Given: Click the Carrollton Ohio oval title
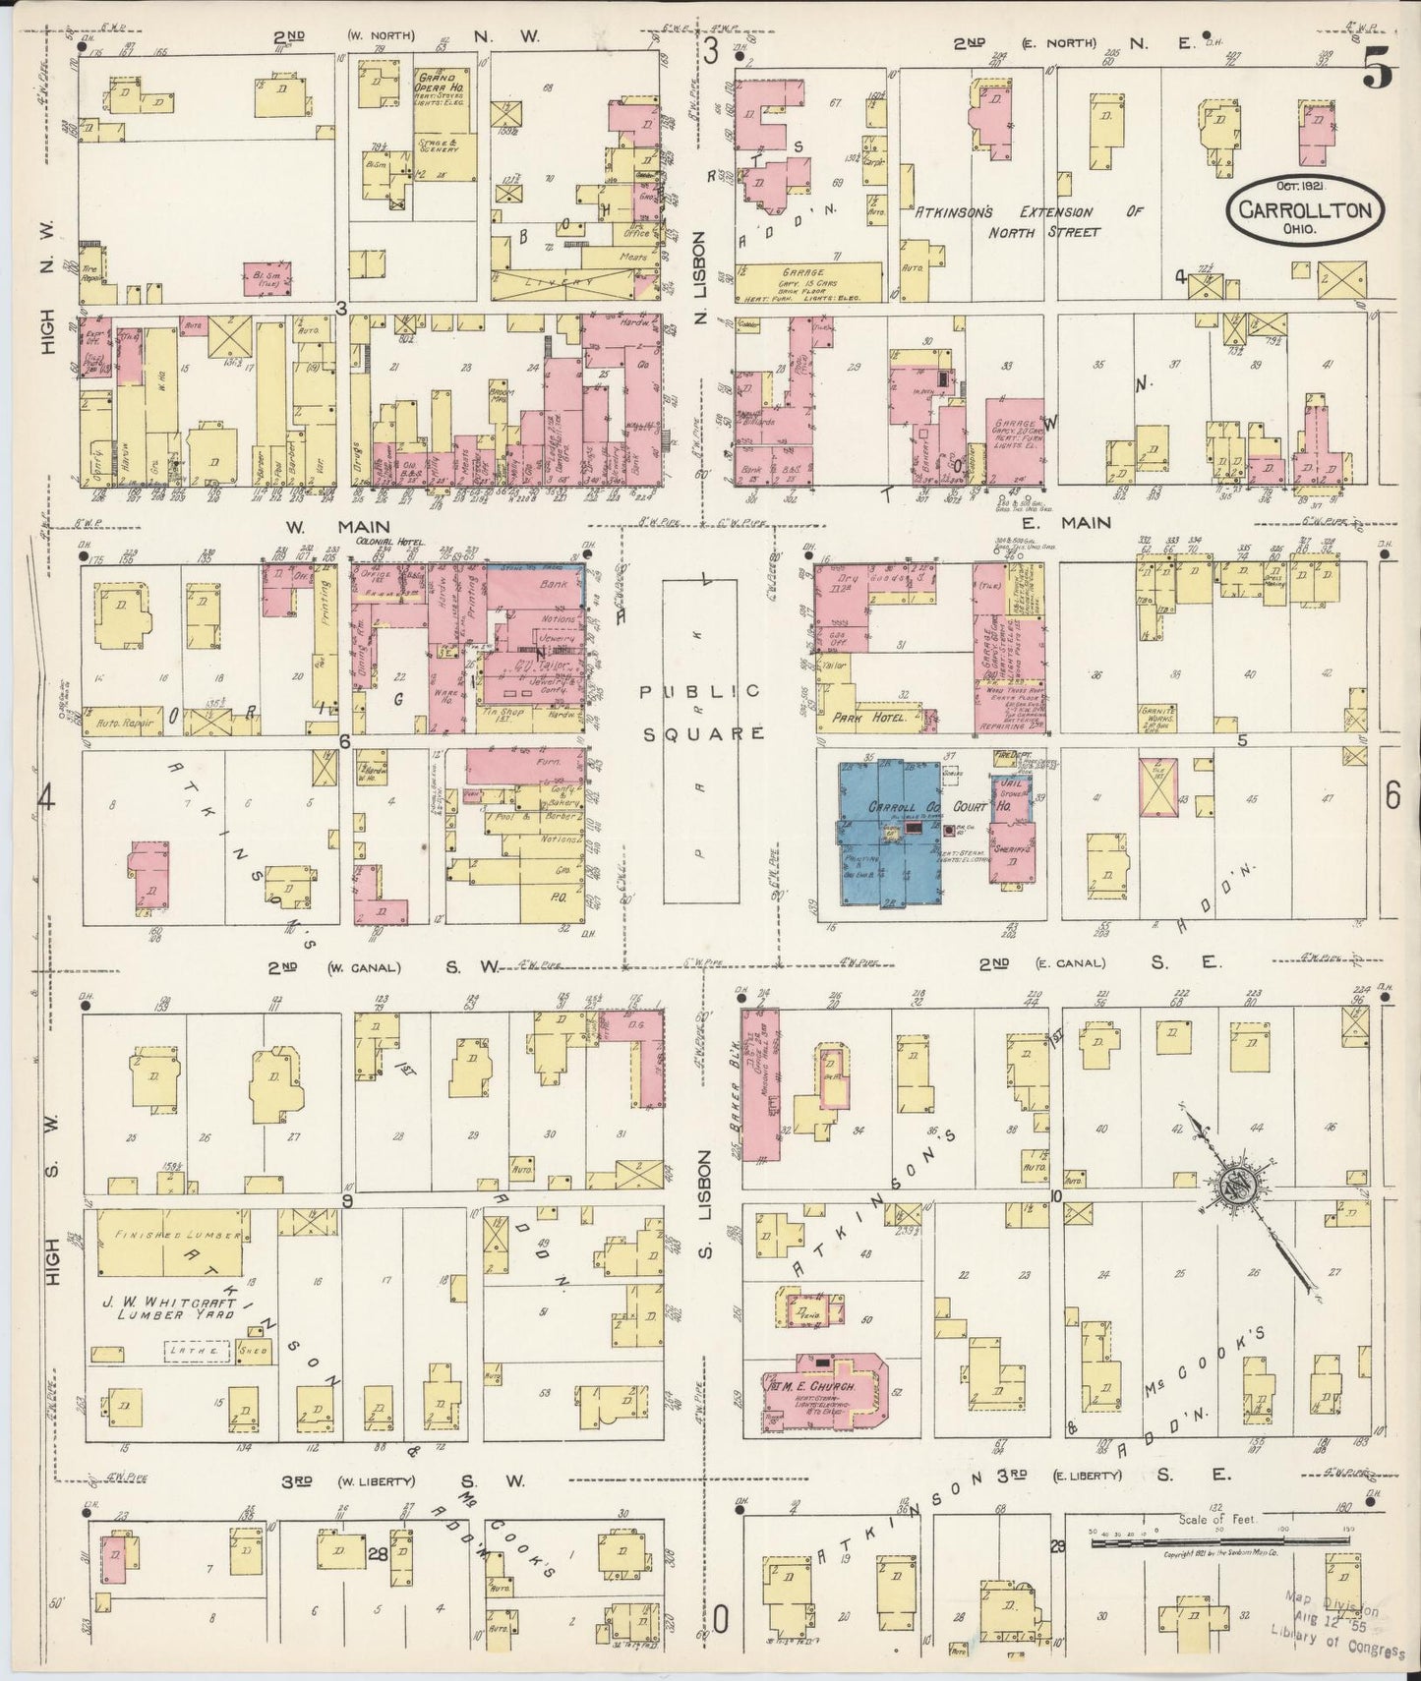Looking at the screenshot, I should (1304, 209).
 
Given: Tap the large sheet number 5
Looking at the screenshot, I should (1377, 72).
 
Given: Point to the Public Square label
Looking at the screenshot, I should (700, 712).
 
